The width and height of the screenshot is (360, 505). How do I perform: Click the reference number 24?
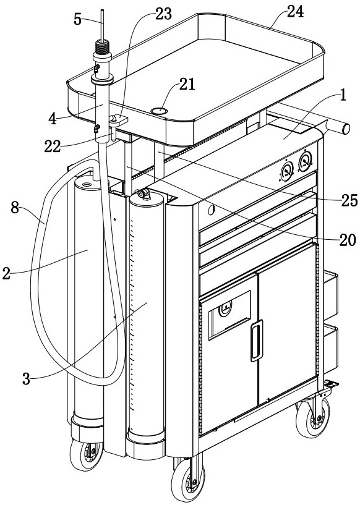click(x=295, y=12)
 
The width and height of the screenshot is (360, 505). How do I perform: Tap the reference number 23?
click(x=164, y=14)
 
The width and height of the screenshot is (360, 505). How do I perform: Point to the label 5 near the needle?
click(x=77, y=19)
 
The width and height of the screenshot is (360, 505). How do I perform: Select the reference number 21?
click(x=187, y=85)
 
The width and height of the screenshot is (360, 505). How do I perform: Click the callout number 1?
click(x=343, y=96)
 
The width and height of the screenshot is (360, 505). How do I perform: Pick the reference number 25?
click(x=349, y=200)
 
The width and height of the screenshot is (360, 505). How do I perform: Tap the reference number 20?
click(x=348, y=240)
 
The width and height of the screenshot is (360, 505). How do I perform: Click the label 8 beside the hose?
click(x=15, y=208)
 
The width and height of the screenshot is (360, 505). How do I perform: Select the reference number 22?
click(x=53, y=147)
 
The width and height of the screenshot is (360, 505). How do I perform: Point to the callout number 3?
click(x=27, y=379)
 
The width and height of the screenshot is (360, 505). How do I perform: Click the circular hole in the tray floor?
click(x=159, y=111)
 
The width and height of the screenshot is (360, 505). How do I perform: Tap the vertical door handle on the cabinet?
click(x=257, y=341)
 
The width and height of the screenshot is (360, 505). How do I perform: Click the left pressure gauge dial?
click(x=287, y=171)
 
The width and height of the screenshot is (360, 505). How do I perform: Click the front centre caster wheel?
click(x=188, y=480)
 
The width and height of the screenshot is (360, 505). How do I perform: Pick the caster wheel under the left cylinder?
click(x=87, y=455)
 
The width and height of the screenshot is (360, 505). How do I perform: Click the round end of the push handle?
click(x=346, y=129)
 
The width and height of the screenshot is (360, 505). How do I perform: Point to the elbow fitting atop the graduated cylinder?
click(x=143, y=194)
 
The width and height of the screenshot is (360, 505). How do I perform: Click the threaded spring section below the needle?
click(x=102, y=48)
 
